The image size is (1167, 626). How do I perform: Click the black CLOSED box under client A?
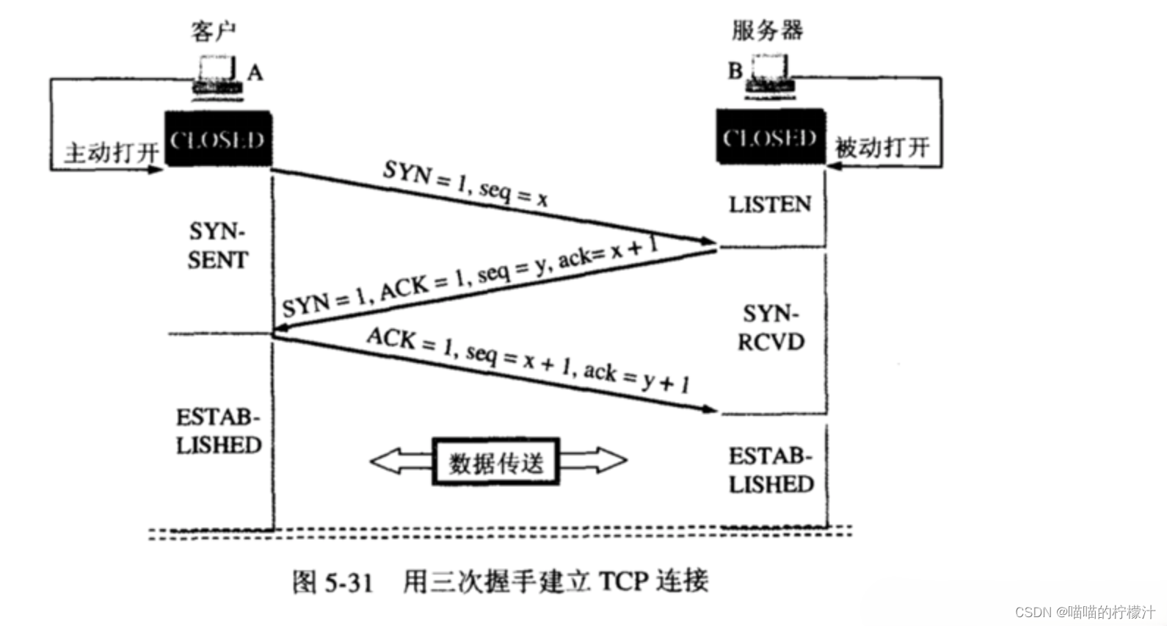[x=218, y=140]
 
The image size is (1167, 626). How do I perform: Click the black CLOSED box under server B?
[x=771, y=137]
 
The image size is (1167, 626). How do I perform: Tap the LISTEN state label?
[x=770, y=204]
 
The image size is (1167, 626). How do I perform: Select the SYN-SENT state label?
[x=217, y=245]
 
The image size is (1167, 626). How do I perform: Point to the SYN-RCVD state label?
[x=771, y=328]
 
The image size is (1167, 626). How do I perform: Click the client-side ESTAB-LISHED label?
[x=219, y=431]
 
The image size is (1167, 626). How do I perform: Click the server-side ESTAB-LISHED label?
[x=771, y=470]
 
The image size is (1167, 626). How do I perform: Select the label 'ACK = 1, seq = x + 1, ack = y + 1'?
[x=528, y=360]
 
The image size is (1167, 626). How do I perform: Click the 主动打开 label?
[x=112, y=153]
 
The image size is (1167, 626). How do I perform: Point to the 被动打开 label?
[x=881, y=148]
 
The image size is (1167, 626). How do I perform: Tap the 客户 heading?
[x=213, y=32]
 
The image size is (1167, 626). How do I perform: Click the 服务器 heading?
[x=767, y=30]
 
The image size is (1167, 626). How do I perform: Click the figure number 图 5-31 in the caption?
[x=332, y=582]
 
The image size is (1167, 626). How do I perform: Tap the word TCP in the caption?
[x=623, y=581]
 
